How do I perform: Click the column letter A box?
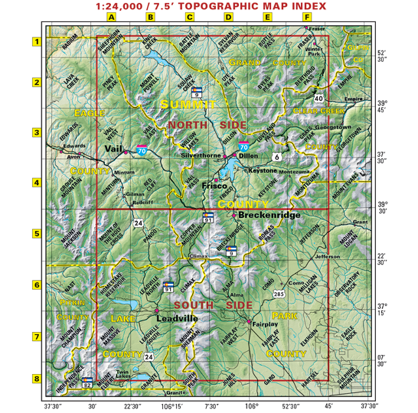tap(111, 17)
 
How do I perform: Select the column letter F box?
tap(307, 17)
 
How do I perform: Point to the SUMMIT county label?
tap(188, 105)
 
